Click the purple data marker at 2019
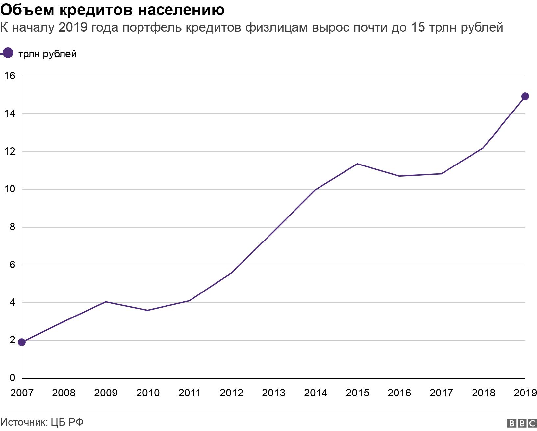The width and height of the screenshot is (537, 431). coord(525,96)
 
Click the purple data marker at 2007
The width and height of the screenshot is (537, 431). coord(22,342)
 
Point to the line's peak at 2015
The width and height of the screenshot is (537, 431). coord(357,164)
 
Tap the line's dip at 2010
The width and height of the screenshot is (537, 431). coord(147,310)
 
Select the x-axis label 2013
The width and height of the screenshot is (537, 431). coord(273,393)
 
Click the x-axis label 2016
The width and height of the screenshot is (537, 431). coord(399,393)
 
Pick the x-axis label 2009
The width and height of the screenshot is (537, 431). coord(106,393)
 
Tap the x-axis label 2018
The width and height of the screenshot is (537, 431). coord(483,393)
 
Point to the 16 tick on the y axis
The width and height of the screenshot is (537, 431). coord(10,76)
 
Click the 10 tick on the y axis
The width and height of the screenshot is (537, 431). coord(10,189)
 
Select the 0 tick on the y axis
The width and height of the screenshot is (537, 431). coord(13,378)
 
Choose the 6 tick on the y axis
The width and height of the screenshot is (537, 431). coord(13,265)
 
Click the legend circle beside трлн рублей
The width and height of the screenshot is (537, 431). coord(7,53)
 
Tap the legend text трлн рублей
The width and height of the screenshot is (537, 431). coord(48,54)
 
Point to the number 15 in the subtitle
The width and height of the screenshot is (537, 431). coord(418,27)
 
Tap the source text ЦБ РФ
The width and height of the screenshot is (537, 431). coord(67,422)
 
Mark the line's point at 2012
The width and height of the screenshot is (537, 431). coord(231,273)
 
